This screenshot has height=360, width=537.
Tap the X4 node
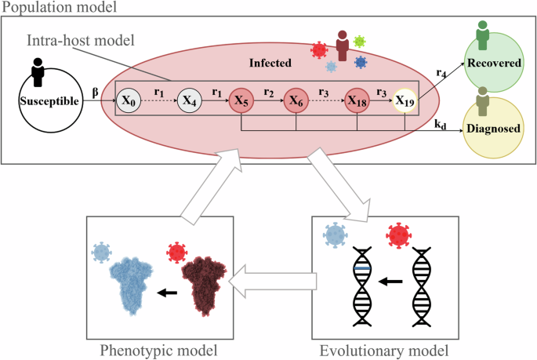coord(188,101)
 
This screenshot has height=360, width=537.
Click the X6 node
coord(296,101)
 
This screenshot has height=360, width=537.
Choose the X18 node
coord(358,101)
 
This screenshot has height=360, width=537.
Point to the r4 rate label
coord(442,72)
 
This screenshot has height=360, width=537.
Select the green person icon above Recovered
coord(484,35)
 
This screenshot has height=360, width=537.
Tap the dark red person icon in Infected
coord(342,45)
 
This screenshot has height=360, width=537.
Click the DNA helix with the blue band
coord(362,287)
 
